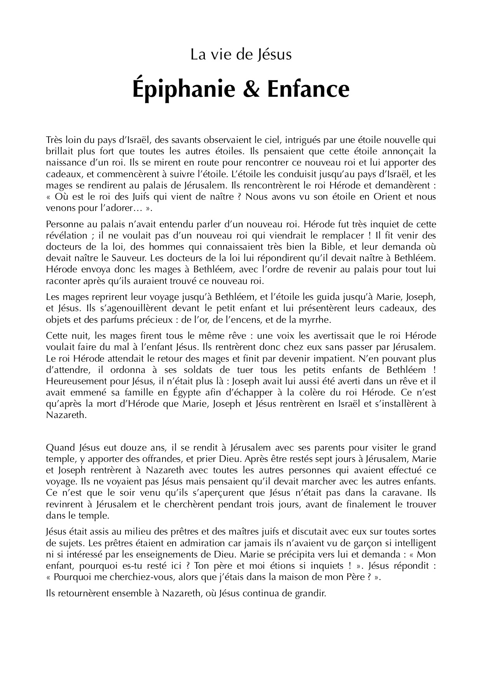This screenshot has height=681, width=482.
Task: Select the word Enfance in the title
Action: pyautogui.click(x=308, y=89)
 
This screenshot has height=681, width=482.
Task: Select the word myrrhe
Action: pyautogui.click(x=314, y=320)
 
